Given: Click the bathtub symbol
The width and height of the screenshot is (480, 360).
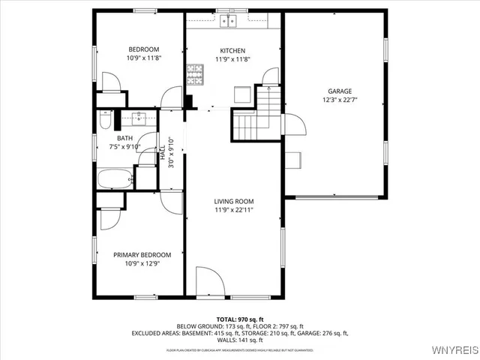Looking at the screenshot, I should tap(114, 178).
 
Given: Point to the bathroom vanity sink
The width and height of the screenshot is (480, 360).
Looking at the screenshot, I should tap(139, 118).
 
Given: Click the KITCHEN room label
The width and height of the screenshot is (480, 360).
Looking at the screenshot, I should tap(232, 51).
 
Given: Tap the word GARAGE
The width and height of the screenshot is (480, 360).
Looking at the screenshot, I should tap(339, 91).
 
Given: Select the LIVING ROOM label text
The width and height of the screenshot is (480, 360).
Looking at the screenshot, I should tap(233, 201).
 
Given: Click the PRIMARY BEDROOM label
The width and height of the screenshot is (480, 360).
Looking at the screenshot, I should tap(142, 255).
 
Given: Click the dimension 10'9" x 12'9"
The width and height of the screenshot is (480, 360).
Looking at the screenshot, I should tap(142, 263).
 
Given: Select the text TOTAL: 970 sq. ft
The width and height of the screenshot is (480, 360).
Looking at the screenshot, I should tap(239, 319).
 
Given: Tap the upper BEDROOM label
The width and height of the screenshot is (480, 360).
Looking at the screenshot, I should tap(143, 49).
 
